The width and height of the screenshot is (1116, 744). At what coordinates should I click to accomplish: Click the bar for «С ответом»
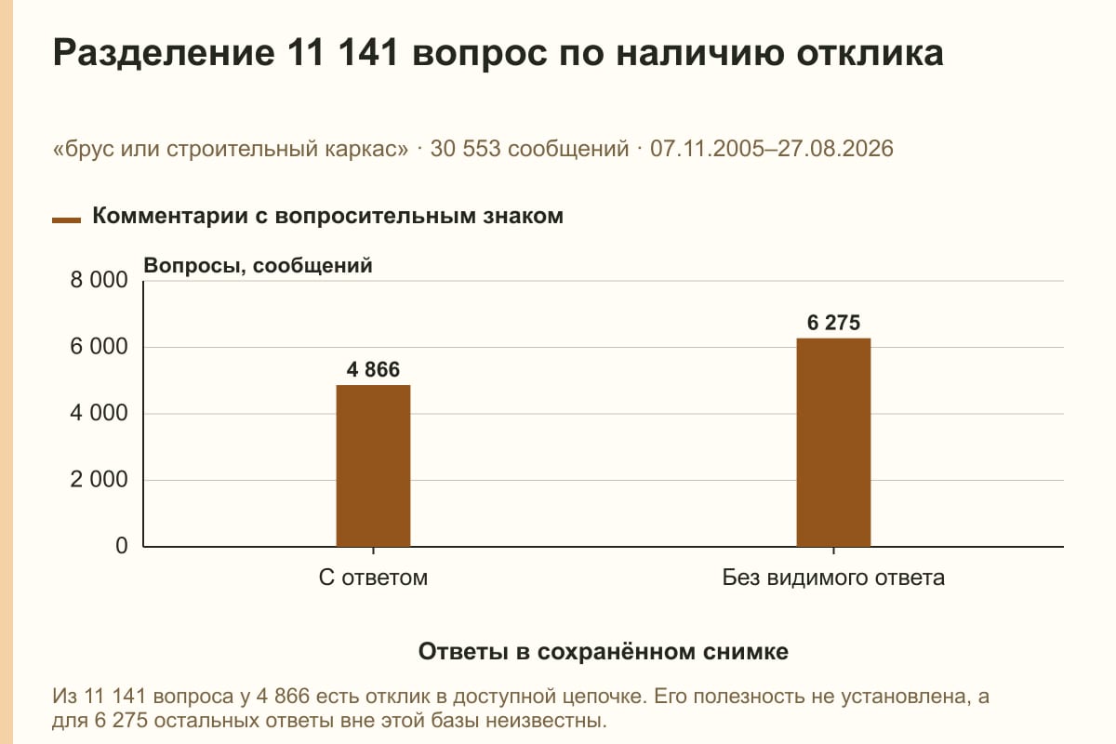pos(373,466)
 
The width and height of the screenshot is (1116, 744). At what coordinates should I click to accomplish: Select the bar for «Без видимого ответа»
pos(833,443)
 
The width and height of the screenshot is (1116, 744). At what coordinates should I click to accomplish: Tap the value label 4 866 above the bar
pos(373,370)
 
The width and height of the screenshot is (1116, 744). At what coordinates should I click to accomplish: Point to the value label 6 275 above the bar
pos(833,323)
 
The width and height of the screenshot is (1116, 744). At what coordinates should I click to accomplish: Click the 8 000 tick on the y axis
pos(99,280)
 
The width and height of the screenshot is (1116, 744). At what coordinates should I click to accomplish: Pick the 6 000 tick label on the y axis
pos(99,347)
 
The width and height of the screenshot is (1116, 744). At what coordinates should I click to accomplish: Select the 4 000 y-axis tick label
pos(99,413)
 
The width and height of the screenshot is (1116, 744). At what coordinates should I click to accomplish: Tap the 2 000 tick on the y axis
pos(99,480)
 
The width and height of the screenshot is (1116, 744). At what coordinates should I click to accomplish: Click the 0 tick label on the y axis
pos(122,546)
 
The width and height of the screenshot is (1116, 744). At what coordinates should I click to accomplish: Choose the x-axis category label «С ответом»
pos(373,578)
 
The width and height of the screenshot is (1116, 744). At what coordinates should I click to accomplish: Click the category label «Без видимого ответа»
pos(833,578)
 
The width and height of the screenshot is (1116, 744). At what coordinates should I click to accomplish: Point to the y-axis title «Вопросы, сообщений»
pos(259,266)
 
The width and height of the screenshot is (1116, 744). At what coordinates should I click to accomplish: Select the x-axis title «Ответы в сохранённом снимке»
pos(604,652)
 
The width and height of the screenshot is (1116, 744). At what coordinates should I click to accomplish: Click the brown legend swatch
pos(66,220)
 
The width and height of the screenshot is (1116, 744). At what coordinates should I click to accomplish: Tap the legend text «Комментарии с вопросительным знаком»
pos(327,217)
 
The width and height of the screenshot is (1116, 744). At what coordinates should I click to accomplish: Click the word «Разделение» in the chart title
pos(164,53)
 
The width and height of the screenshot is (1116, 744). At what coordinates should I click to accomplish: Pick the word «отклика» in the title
pos(870,53)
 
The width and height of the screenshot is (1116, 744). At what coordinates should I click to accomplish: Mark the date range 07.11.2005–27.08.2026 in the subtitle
pos(772,149)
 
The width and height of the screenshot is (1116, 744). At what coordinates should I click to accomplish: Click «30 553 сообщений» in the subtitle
pos(529,149)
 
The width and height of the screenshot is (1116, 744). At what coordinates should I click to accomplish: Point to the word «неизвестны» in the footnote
pos(546,721)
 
